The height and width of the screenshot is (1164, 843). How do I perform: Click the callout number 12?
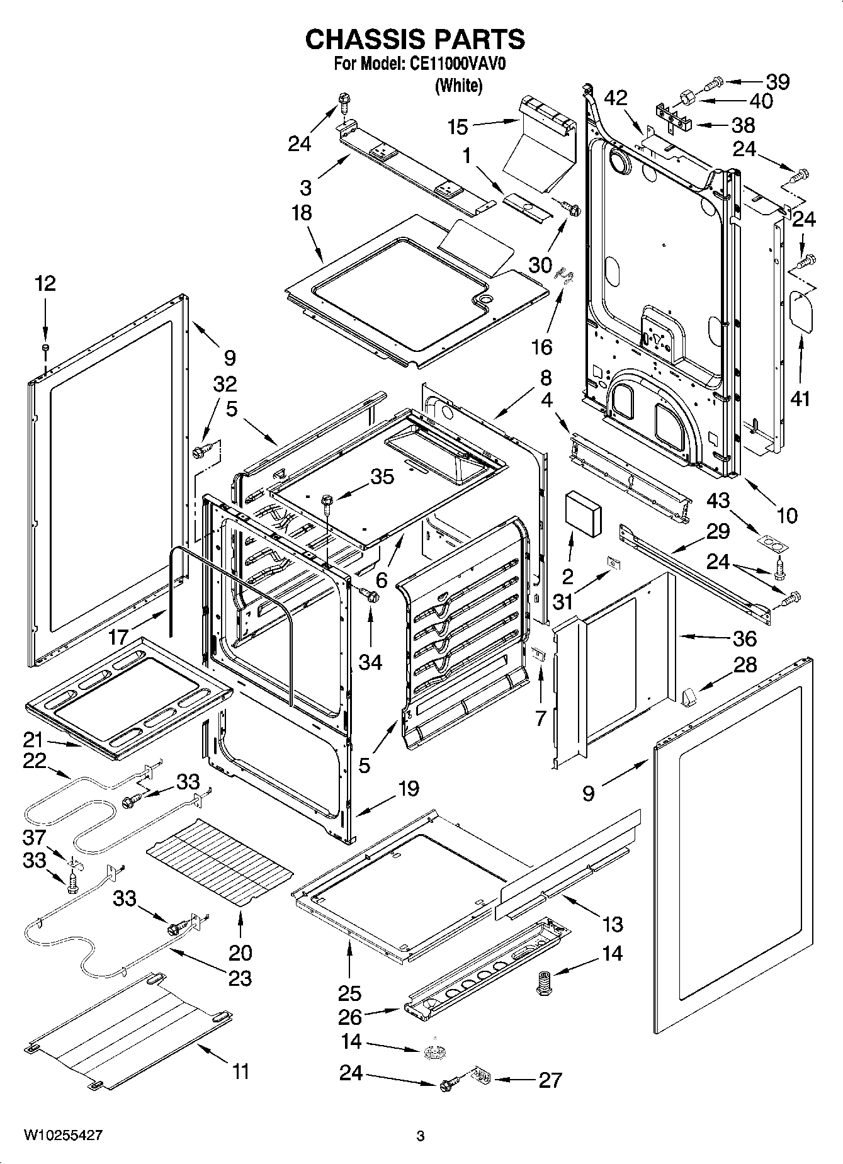45,284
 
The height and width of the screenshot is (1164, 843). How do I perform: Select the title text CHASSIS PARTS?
415,39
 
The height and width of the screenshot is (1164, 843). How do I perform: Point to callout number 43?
718,501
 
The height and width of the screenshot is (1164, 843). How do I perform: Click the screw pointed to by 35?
326,501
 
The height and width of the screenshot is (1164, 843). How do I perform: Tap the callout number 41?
800,398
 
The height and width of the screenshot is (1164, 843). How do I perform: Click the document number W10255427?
63,1135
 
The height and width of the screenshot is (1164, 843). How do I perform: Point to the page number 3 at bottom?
421,1136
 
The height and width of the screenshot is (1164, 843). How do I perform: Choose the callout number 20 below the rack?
240,952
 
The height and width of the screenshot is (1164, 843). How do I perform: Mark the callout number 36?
744,638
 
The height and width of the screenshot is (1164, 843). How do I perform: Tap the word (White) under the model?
458,86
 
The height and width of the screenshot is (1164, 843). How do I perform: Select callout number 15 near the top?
458,127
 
